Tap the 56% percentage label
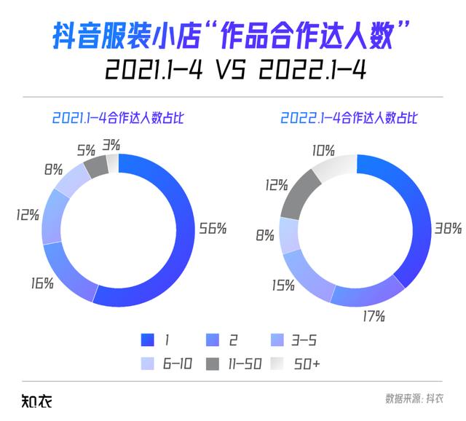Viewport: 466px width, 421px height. coord(213,228)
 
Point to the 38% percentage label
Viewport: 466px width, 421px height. coord(448,228)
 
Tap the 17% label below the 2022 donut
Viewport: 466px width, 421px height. coord(374,316)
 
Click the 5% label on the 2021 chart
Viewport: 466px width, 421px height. coord(85,151)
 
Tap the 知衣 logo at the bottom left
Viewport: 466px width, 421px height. coord(35,399)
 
